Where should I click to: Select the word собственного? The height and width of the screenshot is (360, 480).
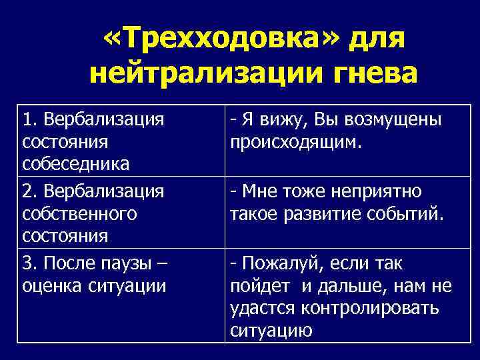click(x=79, y=214)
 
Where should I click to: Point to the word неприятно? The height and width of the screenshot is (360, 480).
click(x=382, y=192)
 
